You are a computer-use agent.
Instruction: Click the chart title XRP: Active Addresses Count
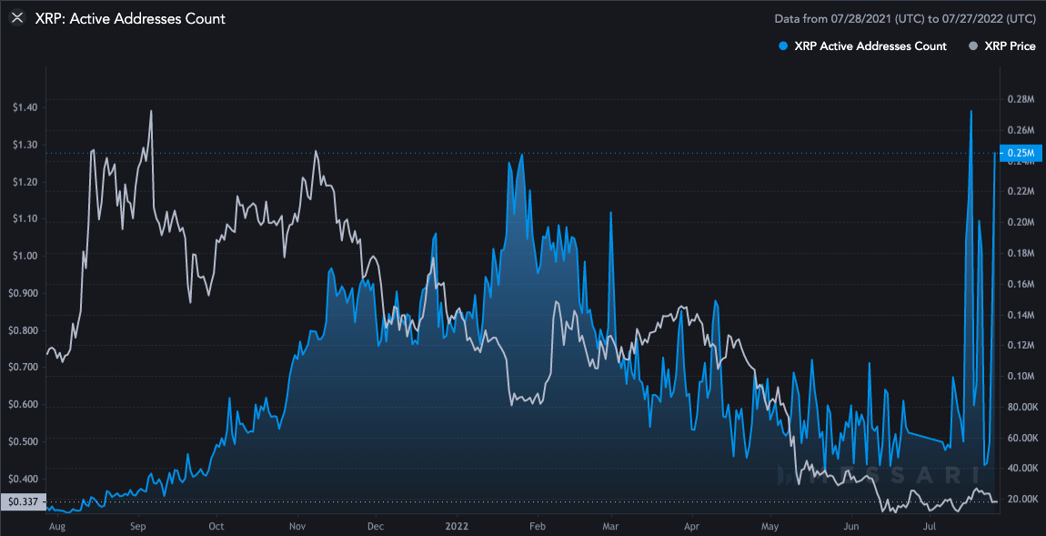[x=130, y=18]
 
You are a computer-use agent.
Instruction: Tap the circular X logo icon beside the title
[x=16, y=18]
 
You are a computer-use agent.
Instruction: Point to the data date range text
[x=904, y=18]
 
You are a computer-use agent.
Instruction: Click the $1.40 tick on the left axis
[x=25, y=107]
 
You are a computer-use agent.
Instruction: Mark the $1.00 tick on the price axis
[x=25, y=256]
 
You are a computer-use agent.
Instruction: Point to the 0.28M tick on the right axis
[x=1021, y=99]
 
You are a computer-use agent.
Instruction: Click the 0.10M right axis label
[x=1021, y=376]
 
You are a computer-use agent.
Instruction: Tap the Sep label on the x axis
[x=137, y=525]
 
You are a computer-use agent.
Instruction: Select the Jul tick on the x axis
[x=930, y=525]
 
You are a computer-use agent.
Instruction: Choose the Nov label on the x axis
[x=297, y=525]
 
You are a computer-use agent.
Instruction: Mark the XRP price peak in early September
[x=150, y=111]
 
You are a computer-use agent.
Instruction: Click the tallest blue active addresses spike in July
[x=971, y=111]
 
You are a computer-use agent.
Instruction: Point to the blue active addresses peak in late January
[x=521, y=156]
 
